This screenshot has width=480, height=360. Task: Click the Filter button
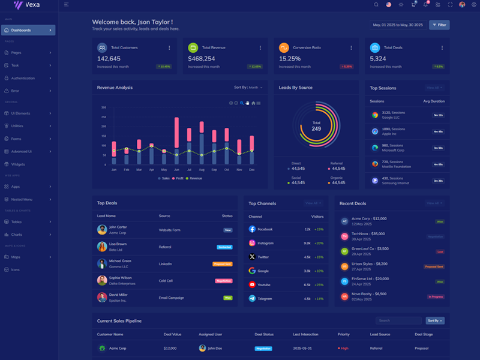point(439,25)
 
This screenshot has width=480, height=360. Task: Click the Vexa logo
point(27,5)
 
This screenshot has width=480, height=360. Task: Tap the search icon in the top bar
point(376,5)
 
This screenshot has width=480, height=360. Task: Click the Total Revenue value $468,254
point(201,59)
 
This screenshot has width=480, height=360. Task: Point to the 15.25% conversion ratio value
point(290,59)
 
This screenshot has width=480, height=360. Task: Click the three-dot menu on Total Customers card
point(169,47)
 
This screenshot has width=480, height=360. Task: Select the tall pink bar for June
point(176,133)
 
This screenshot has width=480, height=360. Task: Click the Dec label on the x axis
point(251,170)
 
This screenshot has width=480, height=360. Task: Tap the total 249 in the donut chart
point(316,128)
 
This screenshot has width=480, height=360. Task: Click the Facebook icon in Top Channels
point(252,229)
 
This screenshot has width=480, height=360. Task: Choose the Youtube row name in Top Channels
point(264,284)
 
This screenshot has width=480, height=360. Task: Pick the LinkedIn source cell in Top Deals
point(165,263)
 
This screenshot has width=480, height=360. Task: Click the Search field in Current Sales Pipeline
point(399,320)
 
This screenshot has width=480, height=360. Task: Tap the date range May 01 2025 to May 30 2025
point(398,25)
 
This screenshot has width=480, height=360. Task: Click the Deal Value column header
point(172,334)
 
